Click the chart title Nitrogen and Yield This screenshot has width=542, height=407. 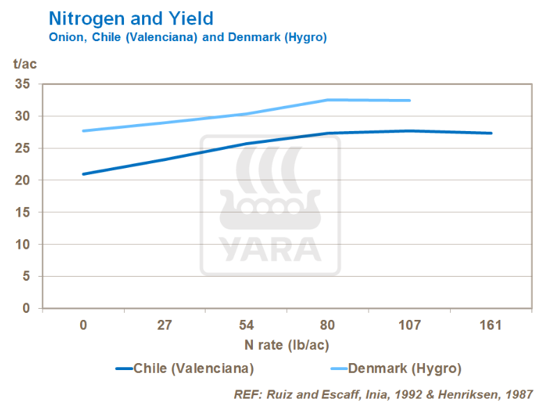tap(130, 17)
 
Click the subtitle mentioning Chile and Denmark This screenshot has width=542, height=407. tap(187, 37)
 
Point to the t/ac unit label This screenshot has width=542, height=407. tap(24, 65)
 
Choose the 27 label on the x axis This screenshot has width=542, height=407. tap(164, 325)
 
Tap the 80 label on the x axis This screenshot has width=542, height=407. tap(328, 325)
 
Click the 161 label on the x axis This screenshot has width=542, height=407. tap(491, 325)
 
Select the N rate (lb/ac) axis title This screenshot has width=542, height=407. tap(287, 345)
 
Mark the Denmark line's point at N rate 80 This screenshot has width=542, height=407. tap(328, 100)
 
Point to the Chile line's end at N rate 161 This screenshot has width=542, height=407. tap(491, 133)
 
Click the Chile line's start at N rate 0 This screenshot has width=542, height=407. tap(84, 174)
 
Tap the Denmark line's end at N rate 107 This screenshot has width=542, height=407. tap(410, 100)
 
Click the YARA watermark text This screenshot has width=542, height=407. tap(270, 247)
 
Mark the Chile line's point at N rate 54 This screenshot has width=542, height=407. tap(247, 144)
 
